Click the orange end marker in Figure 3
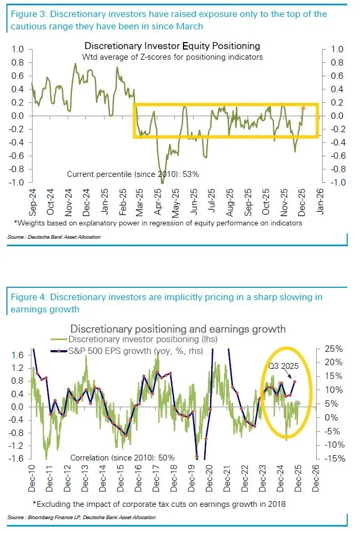coord(303,108)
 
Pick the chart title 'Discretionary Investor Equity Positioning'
coord(172,46)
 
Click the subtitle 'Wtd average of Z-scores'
coord(172,57)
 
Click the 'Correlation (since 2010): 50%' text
coord(123,457)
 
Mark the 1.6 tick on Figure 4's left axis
coord(19,355)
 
